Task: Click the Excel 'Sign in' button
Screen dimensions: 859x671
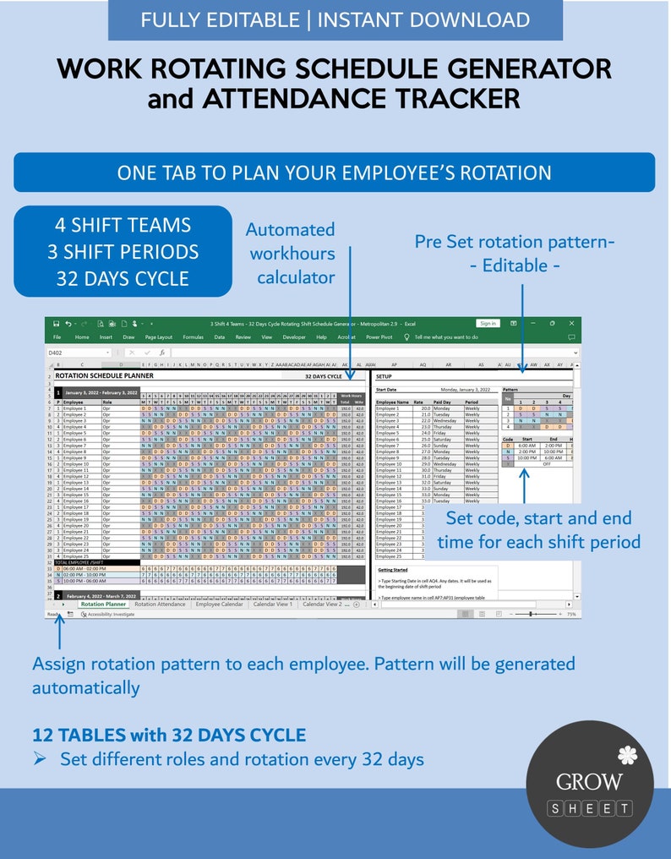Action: pos(488,323)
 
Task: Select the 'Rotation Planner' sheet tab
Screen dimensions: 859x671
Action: pos(104,605)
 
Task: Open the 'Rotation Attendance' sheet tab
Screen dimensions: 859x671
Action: pos(160,605)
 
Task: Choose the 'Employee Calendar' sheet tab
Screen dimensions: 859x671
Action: pos(219,605)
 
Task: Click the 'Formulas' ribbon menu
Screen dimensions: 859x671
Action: pos(193,336)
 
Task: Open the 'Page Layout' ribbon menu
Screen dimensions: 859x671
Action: pos(158,336)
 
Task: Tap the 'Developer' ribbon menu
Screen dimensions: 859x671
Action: pos(294,336)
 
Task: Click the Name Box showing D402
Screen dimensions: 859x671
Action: pos(78,352)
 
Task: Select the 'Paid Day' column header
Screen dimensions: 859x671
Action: pos(442,402)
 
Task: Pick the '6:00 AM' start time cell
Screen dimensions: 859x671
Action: pos(529,445)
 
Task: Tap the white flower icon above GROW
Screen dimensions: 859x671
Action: pos(626,753)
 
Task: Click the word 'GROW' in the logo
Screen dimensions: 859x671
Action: pos(589,782)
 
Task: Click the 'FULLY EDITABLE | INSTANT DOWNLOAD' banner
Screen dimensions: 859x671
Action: pos(335,20)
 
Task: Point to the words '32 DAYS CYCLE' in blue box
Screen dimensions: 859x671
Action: pos(123,278)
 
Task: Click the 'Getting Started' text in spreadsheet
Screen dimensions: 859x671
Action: pos(393,570)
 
